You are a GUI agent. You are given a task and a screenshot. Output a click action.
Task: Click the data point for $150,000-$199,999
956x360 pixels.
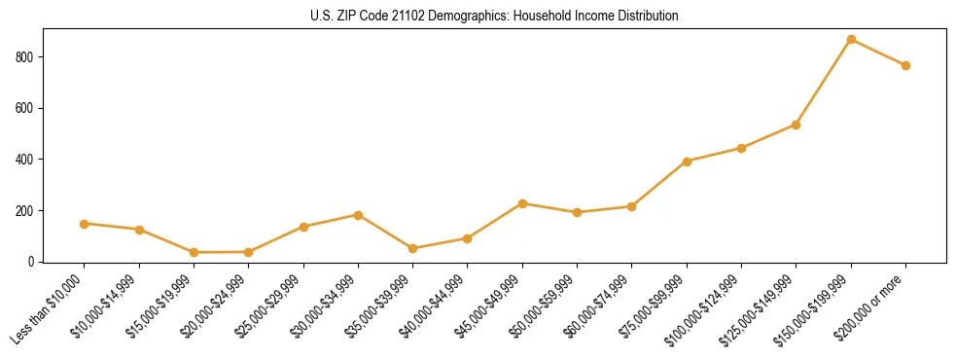tap(851, 40)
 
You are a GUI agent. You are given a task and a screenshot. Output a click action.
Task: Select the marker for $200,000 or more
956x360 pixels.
tap(905, 65)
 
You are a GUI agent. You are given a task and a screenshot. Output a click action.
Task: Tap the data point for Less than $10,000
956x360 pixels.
tap(85, 224)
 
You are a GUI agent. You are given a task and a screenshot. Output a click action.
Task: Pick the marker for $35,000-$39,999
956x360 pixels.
tap(413, 248)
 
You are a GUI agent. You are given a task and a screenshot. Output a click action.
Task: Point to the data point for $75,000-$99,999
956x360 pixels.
tap(687, 162)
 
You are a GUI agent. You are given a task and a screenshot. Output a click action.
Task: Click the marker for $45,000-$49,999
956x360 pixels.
tap(522, 203)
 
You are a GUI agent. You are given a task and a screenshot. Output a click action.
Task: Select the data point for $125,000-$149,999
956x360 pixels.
tap(796, 125)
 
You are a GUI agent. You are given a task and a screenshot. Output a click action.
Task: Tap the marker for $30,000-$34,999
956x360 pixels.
tap(359, 215)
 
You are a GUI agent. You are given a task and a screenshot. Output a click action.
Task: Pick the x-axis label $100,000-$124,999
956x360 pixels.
tap(708, 307)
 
